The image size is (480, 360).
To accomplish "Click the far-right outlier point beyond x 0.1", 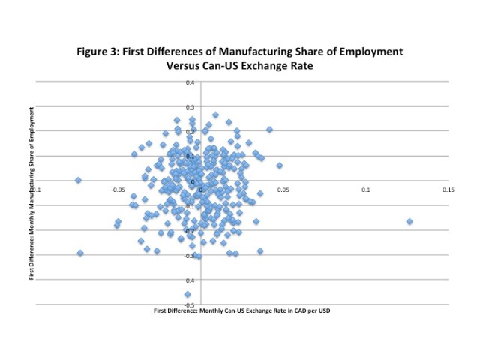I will point(409,221).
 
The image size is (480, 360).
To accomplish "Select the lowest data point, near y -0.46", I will point(187,294).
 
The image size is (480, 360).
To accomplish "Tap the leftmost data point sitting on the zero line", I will point(78,180).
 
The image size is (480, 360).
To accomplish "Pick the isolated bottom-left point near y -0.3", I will point(80,253).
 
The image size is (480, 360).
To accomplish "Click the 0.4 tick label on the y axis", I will point(190,82).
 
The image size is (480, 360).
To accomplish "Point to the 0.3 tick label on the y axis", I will point(190,106).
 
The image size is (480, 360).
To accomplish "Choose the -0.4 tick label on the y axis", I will point(190,280).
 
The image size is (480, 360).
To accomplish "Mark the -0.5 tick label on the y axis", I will point(190,304).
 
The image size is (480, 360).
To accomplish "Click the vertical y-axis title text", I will point(31,193).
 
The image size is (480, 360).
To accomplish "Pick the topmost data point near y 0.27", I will point(215,115).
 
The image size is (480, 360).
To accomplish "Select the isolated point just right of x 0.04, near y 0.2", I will point(269,130).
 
